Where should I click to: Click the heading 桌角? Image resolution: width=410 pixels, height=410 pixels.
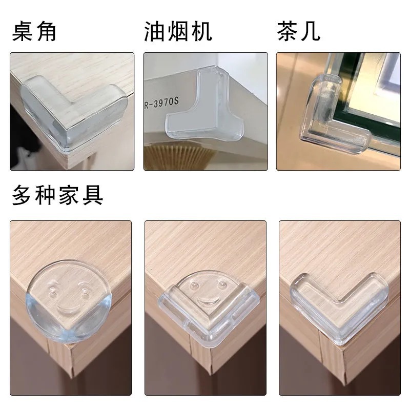[34, 32]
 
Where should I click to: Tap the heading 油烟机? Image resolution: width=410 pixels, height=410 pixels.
[178, 32]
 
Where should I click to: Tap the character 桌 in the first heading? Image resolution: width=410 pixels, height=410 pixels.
[23, 32]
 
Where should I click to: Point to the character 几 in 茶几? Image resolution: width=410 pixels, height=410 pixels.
[310, 32]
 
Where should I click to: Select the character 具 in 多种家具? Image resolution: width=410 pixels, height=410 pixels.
[93, 196]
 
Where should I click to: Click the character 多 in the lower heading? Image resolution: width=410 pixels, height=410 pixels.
[22, 196]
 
